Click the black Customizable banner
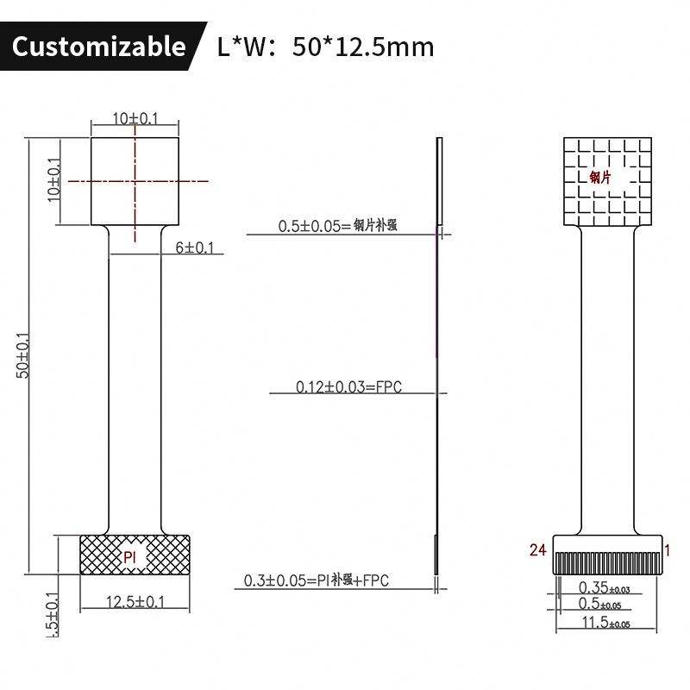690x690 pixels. click(99, 46)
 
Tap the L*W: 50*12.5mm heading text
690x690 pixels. click(326, 46)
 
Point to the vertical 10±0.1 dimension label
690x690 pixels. click(55, 179)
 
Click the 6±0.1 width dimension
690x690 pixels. click(195, 248)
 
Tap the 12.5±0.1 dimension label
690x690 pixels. click(135, 602)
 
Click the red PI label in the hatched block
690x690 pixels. click(130, 557)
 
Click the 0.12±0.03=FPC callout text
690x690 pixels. click(348, 387)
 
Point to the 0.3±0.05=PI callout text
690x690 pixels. click(317, 580)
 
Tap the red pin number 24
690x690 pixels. click(537, 550)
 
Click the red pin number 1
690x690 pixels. click(667, 549)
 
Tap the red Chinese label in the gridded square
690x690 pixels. click(600, 178)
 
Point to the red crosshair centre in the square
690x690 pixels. click(135, 180)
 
